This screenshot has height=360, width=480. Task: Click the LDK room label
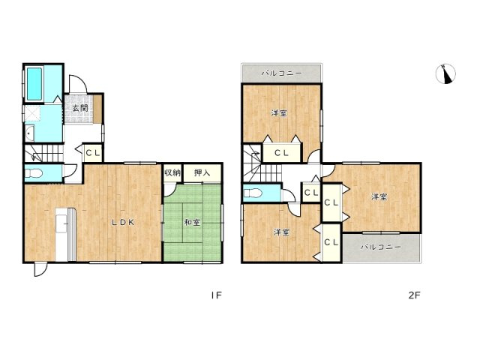coord(123,222)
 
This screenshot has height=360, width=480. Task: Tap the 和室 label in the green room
coord(192,222)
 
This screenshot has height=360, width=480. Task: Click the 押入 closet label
coord(202,173)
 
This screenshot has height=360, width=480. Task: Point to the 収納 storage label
coord(172,173)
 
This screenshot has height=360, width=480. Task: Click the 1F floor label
coord(216,295)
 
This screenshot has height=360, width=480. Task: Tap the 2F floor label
coord(413,295)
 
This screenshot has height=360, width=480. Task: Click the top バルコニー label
coord(281,73)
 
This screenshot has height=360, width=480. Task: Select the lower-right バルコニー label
coord(381,246)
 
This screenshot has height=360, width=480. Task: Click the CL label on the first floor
coord(92,153)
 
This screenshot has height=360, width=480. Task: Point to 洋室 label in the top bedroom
coord(280,113)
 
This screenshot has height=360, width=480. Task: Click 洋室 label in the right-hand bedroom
coord(379,197)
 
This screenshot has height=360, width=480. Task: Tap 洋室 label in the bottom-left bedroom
coord(281,232)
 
